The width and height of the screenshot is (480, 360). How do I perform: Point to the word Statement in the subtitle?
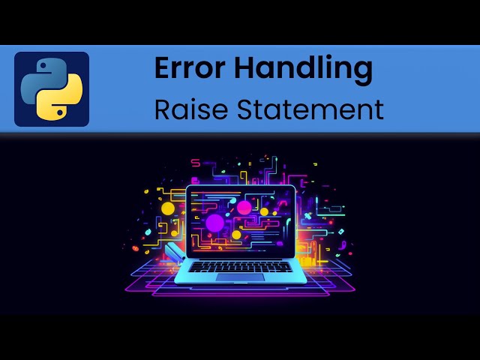pos(310,109)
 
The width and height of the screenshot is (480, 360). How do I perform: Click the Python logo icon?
pos(52,88)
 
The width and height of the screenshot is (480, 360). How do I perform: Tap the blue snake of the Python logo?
pos(41,78)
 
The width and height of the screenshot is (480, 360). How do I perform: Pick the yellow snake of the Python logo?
pos(62,99)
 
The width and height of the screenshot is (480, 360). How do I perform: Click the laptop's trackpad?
pos(240,277)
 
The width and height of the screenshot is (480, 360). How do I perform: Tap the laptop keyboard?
pos(240,265)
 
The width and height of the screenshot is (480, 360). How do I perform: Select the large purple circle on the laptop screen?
pos(214,223)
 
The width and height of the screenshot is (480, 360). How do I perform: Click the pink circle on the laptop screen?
pos(244,207)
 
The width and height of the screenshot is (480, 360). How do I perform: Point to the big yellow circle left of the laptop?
pos(168,208)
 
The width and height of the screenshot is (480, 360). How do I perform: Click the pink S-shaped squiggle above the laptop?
pos(196,163)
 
